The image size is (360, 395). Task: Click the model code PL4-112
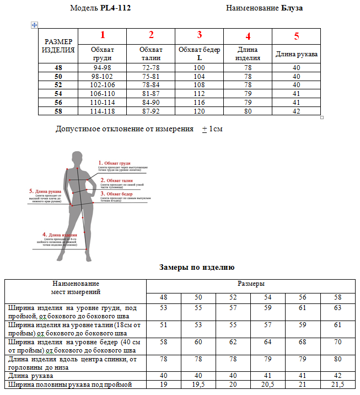point(116,8)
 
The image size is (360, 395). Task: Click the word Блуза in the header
point(292,8)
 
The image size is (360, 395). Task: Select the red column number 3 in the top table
point(200,35)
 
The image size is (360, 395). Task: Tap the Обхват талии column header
point(151,53)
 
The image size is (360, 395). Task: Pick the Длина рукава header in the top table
point(297,54)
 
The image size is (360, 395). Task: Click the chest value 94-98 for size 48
point(103,67)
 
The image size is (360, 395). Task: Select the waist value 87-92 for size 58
point(151,111)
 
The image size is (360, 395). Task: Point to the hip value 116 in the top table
point(200,103)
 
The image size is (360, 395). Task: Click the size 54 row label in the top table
point(58,94)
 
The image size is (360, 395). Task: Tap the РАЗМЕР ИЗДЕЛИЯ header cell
point(58,46)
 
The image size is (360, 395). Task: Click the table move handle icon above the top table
point(34,25)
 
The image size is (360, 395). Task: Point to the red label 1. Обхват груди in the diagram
point(115,163)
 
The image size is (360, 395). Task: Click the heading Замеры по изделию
point(197,267)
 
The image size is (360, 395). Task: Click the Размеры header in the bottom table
point(251,284)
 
